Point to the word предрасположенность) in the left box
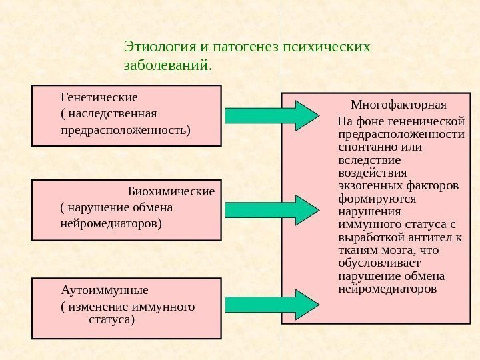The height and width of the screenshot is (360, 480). (125, 129)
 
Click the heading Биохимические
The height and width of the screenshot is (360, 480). (171, 192)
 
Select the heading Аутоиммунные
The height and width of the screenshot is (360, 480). (105, 291)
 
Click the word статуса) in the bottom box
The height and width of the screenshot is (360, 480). (111, 321)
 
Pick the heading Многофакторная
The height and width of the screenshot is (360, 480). (399, 105)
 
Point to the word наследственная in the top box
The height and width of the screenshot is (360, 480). (113, 113)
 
